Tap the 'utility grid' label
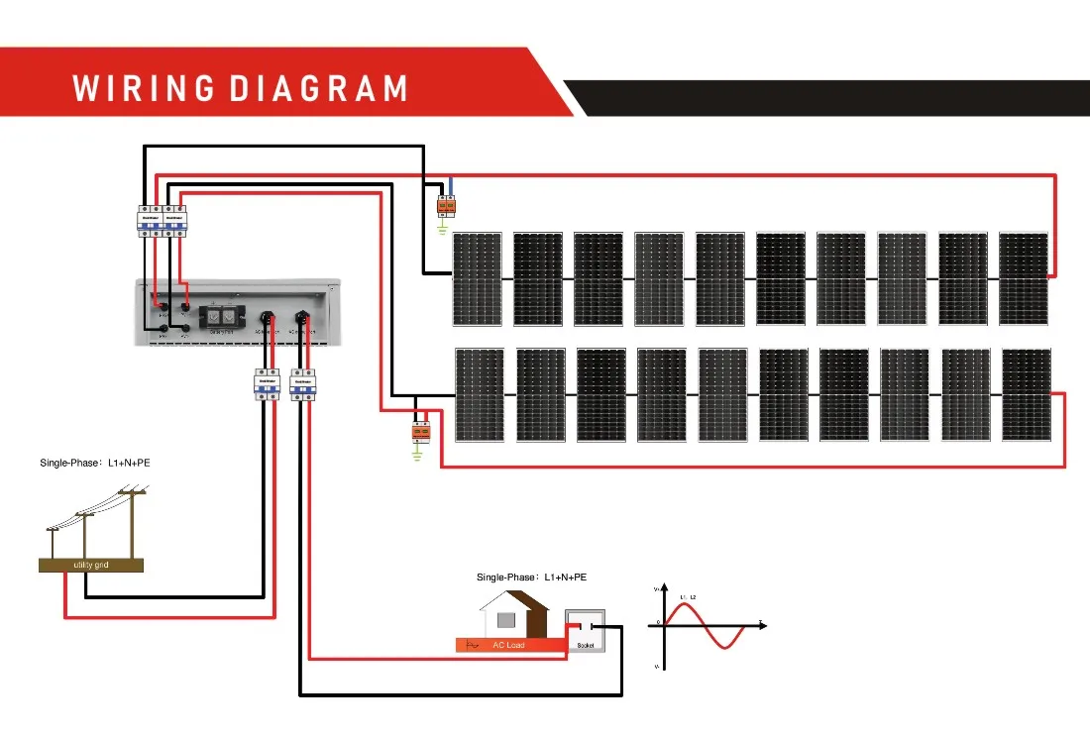pos(90,565)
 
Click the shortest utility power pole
pos(53,542)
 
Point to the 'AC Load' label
pos(508,645)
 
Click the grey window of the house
pos(505,621)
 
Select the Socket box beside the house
pos(583,630)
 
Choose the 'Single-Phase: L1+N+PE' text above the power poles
pos(95,463)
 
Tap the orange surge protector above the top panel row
pos(447,205)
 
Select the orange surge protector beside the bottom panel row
pos(419,432)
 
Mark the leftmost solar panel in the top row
pos(477,278)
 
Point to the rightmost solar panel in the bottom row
pos(1026,394)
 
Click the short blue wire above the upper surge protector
pos(451,186)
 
